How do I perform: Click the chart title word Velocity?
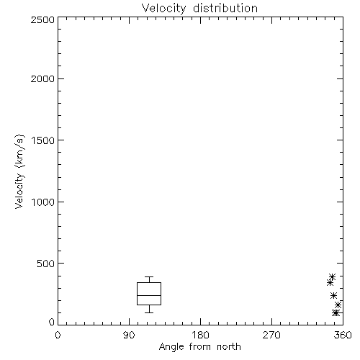(163, 9)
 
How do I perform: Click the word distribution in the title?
(225, 8)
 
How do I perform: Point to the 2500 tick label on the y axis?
(42, 19)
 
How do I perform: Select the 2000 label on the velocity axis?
(42, 78)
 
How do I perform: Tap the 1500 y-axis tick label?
(43, 140)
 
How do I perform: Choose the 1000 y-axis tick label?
(43, 202)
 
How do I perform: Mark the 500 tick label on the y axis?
(46, 264)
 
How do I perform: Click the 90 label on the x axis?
(129, 335)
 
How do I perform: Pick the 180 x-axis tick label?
(200, 335)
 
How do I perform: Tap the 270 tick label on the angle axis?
(271, 335)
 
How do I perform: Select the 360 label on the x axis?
(343, 335)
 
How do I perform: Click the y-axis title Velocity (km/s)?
(19, 172)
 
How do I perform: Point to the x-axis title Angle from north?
(200, 347)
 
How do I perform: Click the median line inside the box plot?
(149, 295)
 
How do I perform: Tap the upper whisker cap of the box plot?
(149, 276)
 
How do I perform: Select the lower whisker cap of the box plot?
(149, 312)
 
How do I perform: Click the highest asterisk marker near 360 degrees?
(332, 276)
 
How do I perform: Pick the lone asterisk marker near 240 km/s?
(333, 295)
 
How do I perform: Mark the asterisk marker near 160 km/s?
(338, 305)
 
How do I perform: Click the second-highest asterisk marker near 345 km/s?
(330, 282)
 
